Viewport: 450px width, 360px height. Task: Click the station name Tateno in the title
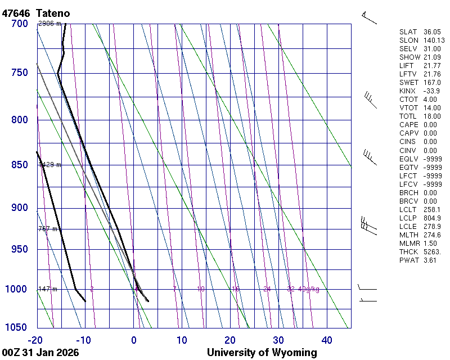pyautogui.click(x=55, y=12)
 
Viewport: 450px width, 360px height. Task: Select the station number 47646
pyautogui.click(x=16, y=12)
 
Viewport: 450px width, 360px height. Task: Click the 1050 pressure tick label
pyautogui.click(x=16, y=328)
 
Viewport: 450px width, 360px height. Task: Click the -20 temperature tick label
pyautogui.click(x=35, y=340)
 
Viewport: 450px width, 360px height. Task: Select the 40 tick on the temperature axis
pyautogui.click(x=327, y=340)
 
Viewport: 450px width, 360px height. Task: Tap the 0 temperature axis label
pyautogui.click(x=134, y=340)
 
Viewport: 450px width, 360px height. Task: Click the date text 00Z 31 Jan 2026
pyautogui.click(x=40, y=353)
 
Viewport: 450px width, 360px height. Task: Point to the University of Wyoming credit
pyautogui.click(x=262, y=353)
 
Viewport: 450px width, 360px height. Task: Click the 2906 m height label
pyautogui.click(x=49, y=24)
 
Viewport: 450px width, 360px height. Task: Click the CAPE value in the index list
pyautogui.click(x=430, y=125)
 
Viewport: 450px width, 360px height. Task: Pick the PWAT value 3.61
pyautogui.click(x=430, y=260)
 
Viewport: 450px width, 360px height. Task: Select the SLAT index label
pyautogui.click(x=409, y=32)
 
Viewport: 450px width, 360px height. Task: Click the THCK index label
pyautogui.click(x=409, y=251)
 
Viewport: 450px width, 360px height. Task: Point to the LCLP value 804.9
pyautogui.click(x=431, y=218)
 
